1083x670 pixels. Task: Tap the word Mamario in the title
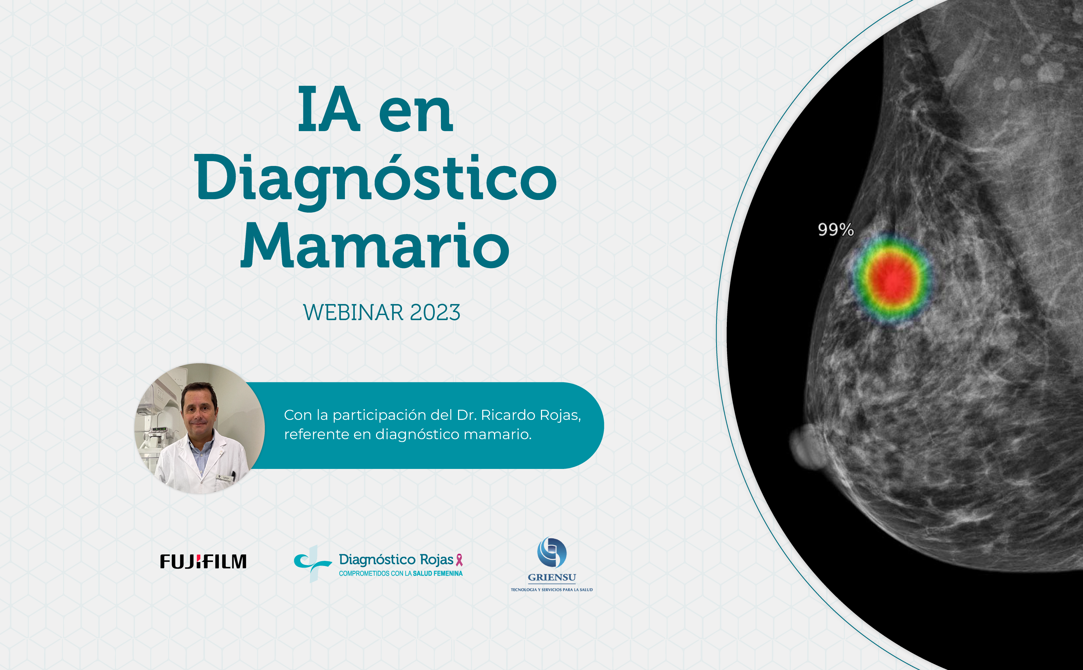pyautogui.click(x=375, y=246)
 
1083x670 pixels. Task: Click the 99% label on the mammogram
pyautogui.click(x=836, y=229)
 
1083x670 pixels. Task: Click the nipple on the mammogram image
pyautogui.click(x=803, y=447)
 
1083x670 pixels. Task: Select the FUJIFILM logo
pyautogui.click(x=203, y=561)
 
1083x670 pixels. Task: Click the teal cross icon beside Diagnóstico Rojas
pyautogui.click(x=312, y=563)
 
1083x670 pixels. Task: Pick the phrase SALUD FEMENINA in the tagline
pyautogui.click(x=437, y=573)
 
